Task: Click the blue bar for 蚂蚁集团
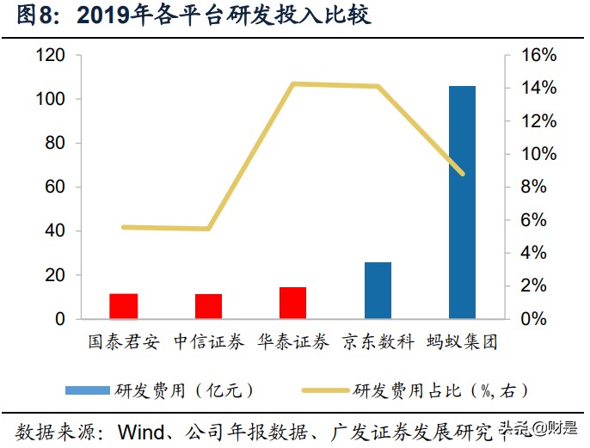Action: click(x=462, y=202)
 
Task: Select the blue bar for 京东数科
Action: click(x=378, y=291)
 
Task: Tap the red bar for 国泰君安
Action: click(x=124, y=306)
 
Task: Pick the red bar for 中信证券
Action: click(x=208, y=306)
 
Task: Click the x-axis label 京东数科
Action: click(x=378, y=341)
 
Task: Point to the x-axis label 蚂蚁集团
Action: click(x=462, y=341)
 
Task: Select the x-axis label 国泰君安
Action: click(x=124, y=341)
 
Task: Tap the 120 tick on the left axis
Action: click(x=52, y=56)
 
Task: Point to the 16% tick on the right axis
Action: click(x=539, y=56)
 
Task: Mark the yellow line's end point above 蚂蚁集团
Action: click(x=463, y=174)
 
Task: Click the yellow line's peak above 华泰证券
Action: click(x=293, y=83)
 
